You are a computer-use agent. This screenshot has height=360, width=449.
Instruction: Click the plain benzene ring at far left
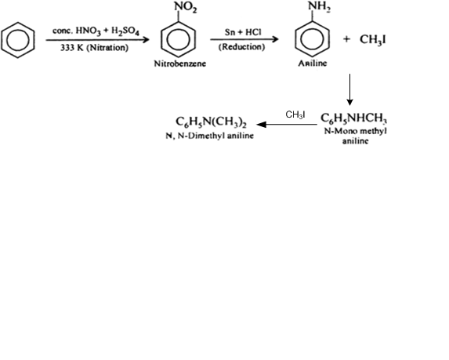coord(18,23)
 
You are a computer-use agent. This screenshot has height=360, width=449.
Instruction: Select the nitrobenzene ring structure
coord(178,22)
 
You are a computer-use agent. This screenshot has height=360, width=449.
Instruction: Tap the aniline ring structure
coord(313,21)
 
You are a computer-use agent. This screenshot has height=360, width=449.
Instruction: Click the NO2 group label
coord(186,7)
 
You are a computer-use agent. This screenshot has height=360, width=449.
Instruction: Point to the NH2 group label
coord(319,6)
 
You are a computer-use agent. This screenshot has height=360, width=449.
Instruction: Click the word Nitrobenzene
coord(179,64)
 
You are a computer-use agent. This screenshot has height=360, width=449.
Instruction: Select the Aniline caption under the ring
coord(313,63)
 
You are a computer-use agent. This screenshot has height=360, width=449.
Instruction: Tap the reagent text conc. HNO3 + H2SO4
coord(96,31)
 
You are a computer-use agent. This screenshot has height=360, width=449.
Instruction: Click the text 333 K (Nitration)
coord(94,48)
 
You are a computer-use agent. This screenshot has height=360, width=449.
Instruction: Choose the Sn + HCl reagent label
coord(243,32)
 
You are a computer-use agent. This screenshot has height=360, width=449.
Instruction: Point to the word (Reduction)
coord(241,47)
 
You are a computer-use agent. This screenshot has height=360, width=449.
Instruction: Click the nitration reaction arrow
coord(97,39)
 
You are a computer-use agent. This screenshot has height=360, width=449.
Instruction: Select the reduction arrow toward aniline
coord(244,39)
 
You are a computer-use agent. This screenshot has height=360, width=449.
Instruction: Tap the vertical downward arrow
coord(349,89)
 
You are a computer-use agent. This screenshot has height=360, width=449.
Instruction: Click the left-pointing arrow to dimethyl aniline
coord(287,125)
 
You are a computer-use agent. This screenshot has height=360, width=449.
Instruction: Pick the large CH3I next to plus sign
coord(372,39)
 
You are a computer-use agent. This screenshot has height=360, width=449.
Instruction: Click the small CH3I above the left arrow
coord(295,115)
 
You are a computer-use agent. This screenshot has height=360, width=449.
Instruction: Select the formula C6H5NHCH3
coord(354,118)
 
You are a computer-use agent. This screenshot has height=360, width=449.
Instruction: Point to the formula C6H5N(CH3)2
coord(211,122)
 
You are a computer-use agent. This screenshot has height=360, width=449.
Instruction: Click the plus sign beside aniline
coord(346,39)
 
